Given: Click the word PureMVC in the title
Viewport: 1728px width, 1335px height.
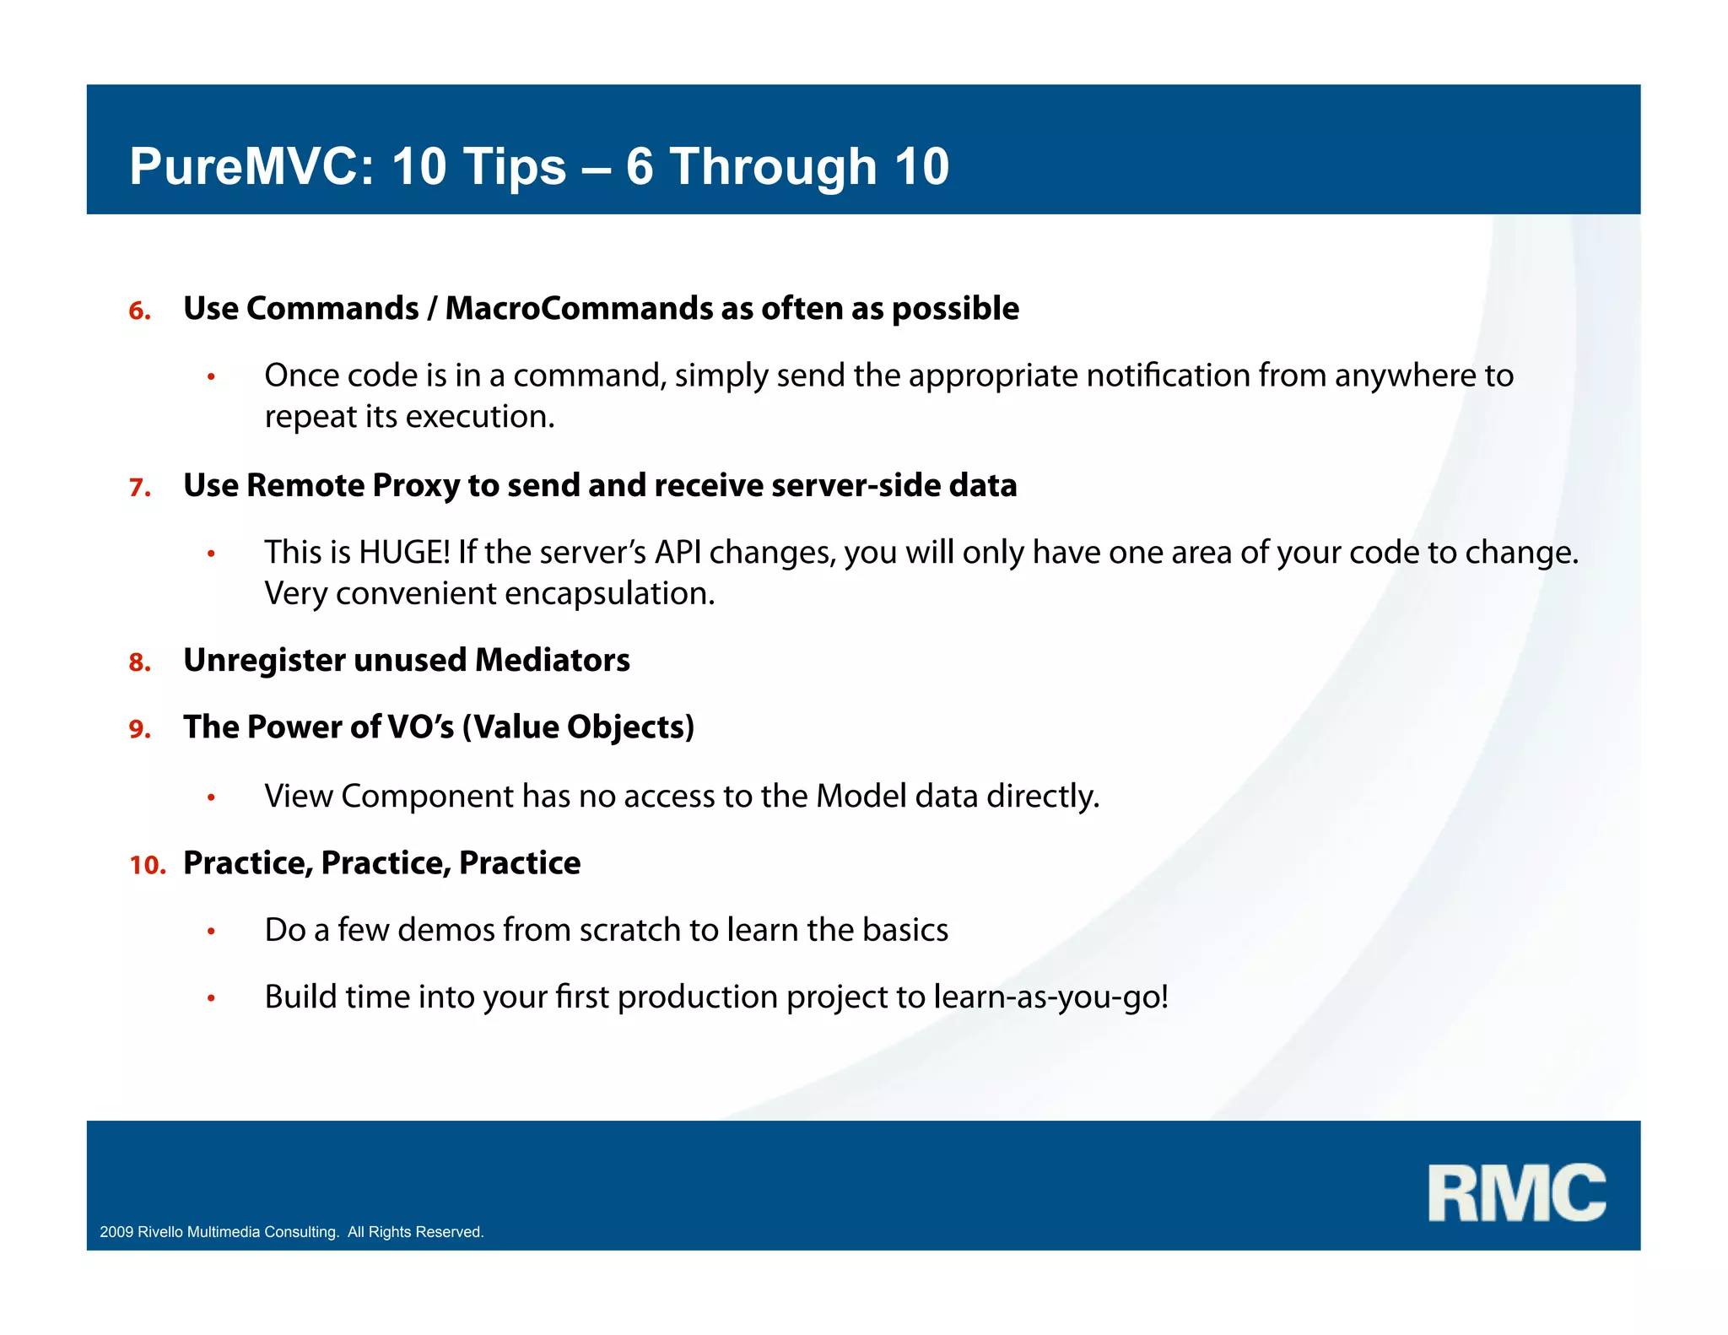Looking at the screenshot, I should (x=251, y=166).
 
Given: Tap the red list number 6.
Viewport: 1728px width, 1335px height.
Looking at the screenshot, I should (x=139, y=311).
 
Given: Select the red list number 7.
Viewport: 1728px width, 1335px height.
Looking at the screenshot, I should (x=139, y=488).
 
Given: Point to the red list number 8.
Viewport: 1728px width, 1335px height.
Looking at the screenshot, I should (x=139, y=663).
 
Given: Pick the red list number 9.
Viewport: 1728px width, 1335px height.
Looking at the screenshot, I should (x=139, y=730).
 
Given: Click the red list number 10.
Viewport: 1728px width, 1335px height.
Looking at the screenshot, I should (x=147, y=865).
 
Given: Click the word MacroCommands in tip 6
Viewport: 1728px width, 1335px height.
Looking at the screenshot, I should (x=578, y=309).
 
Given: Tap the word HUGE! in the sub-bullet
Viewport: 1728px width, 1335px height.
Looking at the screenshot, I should (x=404, y=553).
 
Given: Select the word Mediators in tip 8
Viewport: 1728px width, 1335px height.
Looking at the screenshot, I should (x=552, y=660).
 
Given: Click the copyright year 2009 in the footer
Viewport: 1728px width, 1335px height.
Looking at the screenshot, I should (x=116, y=1232).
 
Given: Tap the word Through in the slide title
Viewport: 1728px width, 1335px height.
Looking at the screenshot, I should (x=773, y=166).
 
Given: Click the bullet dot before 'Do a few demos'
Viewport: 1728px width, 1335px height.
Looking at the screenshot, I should (x=212, y=932).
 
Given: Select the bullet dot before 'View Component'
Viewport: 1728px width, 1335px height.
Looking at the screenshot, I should (x=212, y=797).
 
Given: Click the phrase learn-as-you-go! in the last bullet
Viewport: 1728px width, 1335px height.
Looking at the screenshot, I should (x=1050, y=997).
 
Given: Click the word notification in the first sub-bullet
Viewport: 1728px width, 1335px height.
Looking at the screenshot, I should (x=1167, y=376).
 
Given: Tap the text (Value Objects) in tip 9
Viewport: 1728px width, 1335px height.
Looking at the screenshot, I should (x=578, y=727).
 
